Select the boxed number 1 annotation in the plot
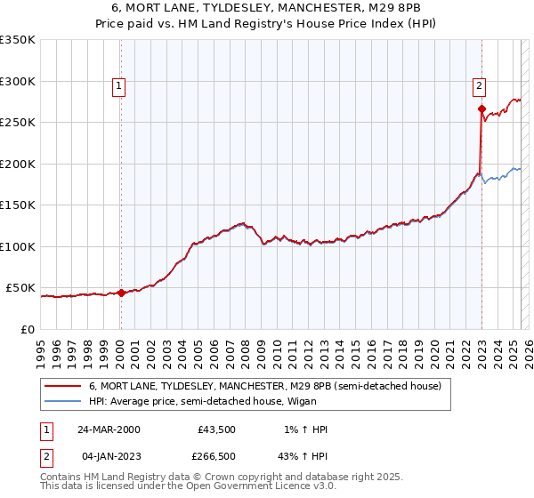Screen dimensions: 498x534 coord(119,86)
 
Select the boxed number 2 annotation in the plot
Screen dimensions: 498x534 coord(479,86)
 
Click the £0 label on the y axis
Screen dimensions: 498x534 coord(27,329)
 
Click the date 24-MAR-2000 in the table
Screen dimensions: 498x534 coord(109,430)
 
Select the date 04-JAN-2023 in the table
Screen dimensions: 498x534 coord(109,455)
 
